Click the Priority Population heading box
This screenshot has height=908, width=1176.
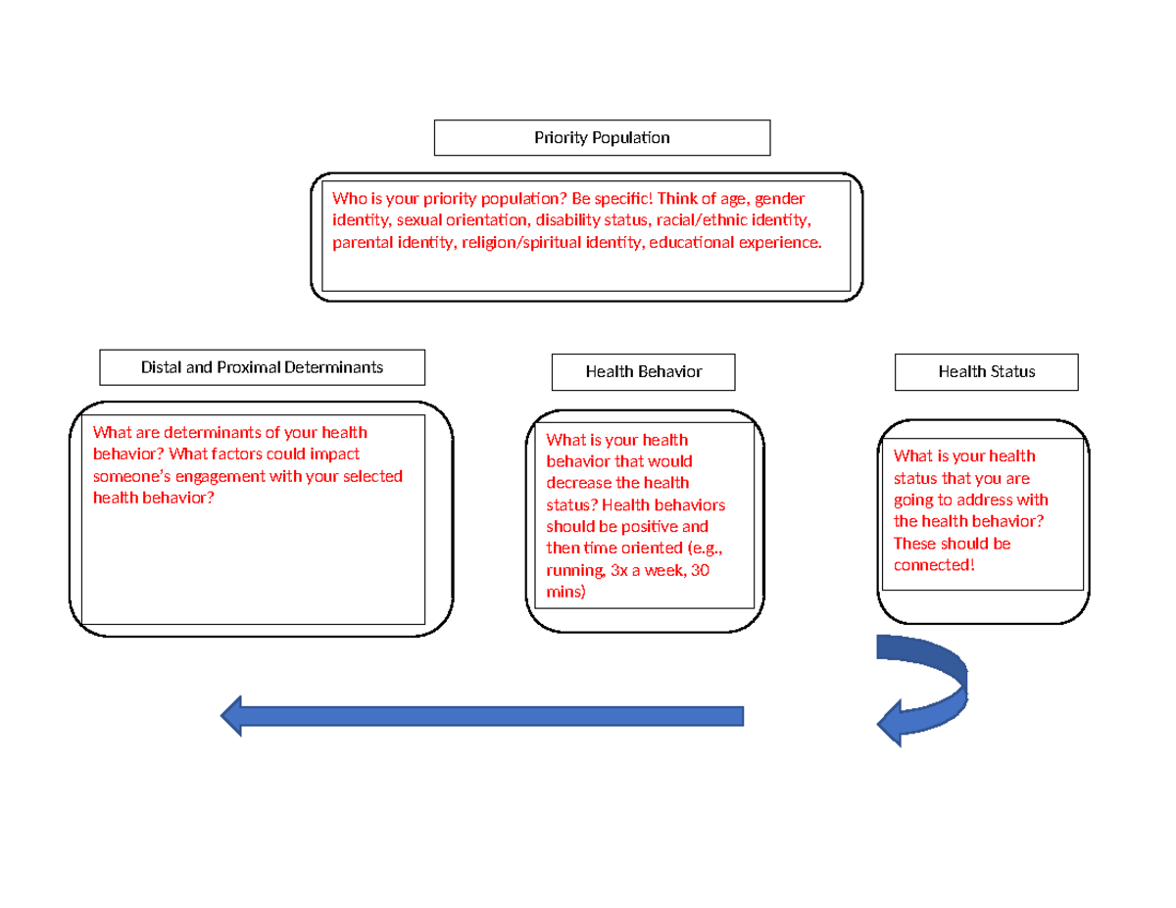602,138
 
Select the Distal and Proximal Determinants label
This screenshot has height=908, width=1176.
262,367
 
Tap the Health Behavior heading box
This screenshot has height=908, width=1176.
643,372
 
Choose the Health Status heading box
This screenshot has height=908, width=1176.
986,372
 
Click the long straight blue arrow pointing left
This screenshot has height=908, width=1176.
490,716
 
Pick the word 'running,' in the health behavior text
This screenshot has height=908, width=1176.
569,571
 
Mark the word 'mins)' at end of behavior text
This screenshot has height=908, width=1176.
565,593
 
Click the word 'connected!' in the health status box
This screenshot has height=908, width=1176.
934,565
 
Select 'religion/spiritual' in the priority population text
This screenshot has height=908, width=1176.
511,242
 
